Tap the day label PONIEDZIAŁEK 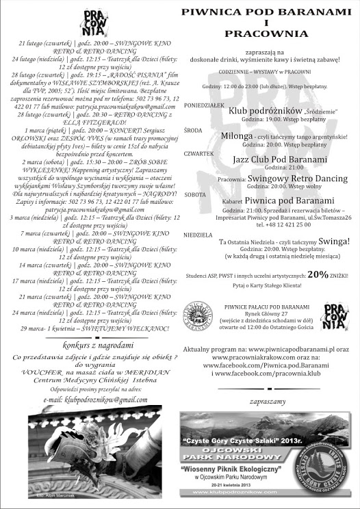(203, 106)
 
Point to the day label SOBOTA (195, 194)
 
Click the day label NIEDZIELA (198, 235)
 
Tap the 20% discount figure (317, 274)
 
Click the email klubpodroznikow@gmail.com (95, 400)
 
